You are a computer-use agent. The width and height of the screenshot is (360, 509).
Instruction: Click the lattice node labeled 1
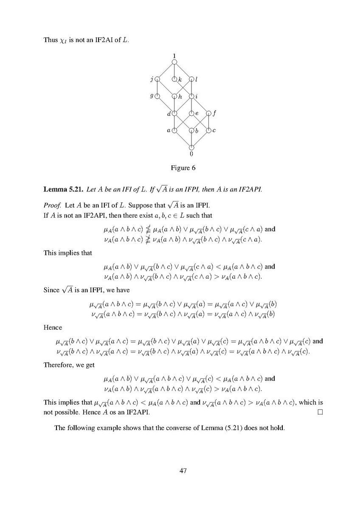[x=174, y=62]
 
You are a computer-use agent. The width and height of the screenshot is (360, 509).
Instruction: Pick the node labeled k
[x=174, y=79]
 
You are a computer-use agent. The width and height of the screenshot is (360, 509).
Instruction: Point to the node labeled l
[x=191, y=79]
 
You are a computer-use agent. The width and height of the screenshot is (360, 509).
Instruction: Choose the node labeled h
[x=174, y=96]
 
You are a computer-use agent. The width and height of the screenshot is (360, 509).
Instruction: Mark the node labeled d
[x=174, y=113]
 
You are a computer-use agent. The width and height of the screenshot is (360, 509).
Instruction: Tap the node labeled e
[x=191, y=113]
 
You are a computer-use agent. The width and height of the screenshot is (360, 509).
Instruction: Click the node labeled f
[x=208, y=113]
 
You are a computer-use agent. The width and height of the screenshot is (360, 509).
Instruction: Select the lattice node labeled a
[x=174, y=130]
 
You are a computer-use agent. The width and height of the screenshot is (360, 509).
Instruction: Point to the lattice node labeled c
[x=208, y=130]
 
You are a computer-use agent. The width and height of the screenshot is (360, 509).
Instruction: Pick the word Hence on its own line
[x=53, y=327]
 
